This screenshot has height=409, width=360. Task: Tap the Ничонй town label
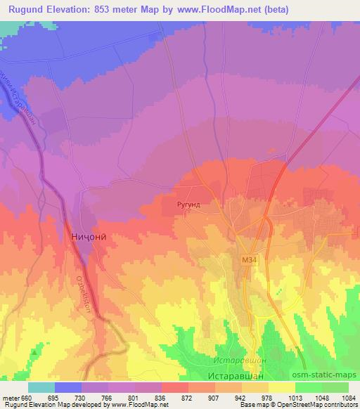click(89, 238)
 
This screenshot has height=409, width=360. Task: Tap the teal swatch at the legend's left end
click(41, 387)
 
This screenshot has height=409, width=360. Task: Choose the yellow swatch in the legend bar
click(281, 387)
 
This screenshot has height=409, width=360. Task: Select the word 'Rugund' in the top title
click(27, 9)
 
